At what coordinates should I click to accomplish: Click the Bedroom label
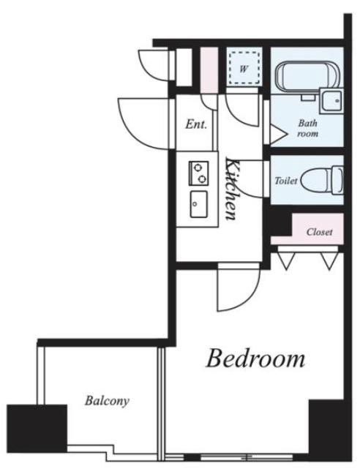pyautogui.click(x=255, y=358)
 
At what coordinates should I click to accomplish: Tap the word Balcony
pyautogui.click(x=107, y=401)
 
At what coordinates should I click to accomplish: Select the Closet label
pyautogui.click(x=319, y=232)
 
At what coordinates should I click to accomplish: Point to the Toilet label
pyautogui.click(x=286, y=181)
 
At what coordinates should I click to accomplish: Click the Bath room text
pyautogui.click(x=308, y=128)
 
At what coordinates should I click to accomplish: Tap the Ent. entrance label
pyautogui.click(x=196, y=124)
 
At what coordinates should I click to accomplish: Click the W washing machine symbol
pyautogui.click(x=244, y=68)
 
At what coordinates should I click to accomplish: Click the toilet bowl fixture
pyautogui.click(x=322, y=180)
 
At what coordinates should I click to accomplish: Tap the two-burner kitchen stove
pyautogui.click(x=198, y=173)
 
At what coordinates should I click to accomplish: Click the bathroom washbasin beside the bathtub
pyautogui.click(x=331, y=101)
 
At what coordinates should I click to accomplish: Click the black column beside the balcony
pyautogui.click(x=37, y=429)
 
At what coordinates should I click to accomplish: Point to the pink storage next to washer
pyautogui.click(x=209, y=70)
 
